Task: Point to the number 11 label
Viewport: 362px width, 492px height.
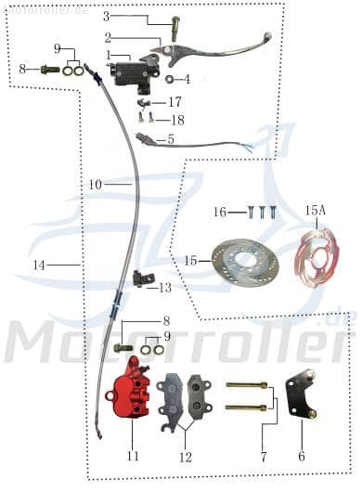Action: (x=133, y=457)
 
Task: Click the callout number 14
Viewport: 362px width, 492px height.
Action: (x=38, y=265)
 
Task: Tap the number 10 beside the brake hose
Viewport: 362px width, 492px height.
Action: (x=96, y=185)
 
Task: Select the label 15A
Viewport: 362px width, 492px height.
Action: (x=315, y=212)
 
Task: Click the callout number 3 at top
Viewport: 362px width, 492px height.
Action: (x=106, y=17)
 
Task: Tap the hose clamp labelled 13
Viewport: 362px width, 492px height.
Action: (x=141, y=277)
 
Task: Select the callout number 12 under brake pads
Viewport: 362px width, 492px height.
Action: (x=185, y=457)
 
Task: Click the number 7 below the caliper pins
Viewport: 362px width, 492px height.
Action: (x=263, y=457)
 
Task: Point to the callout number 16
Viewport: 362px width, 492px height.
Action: (x=219, y=213)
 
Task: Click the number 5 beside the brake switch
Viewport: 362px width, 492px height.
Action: (x=169, y=140)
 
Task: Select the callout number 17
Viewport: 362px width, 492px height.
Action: (x=175, y=102)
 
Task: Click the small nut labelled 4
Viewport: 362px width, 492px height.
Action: (x=172, y=80)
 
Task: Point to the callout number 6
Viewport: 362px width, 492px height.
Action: (x=301, y=457)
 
